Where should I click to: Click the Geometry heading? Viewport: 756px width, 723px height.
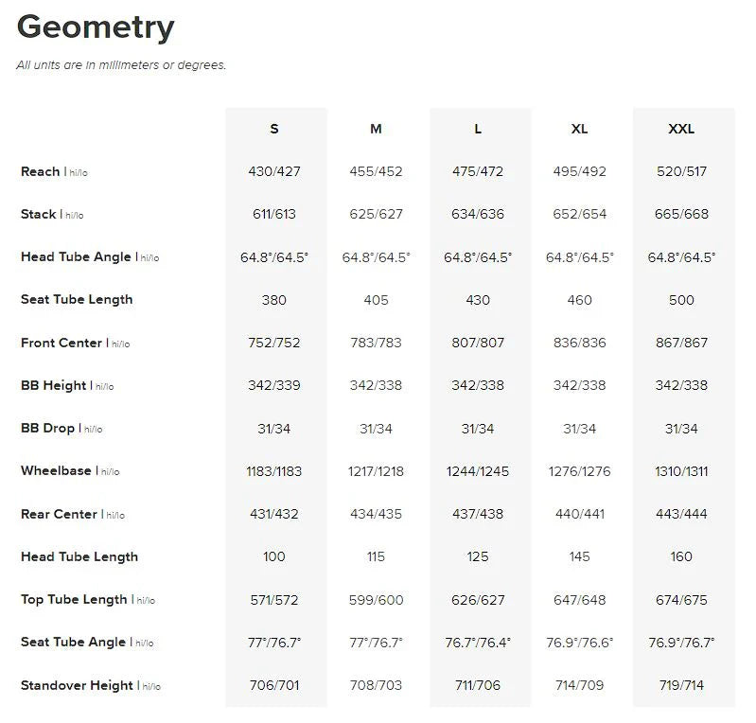point(96,27)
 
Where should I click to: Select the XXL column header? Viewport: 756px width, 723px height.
point(681,129)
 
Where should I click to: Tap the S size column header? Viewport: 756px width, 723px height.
point(274,129)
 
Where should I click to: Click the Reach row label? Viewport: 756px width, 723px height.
point(41,171)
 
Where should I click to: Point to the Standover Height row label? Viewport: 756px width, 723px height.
point(77,685)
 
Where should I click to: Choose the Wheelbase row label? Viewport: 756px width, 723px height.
point(56,470)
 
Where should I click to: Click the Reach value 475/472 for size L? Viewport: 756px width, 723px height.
point(478,171)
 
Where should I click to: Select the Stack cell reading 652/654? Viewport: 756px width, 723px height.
point(580,214)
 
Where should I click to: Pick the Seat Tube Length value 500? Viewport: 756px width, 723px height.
point(681,300)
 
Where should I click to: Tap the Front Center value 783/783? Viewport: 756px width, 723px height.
point(376,343)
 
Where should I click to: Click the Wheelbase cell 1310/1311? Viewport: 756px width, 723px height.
point(681,471)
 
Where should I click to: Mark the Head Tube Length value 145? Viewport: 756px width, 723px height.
point(580,556)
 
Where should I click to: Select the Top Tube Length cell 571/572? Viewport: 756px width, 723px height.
point(274,600)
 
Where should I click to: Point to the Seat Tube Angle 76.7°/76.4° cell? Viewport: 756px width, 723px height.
point(478,643)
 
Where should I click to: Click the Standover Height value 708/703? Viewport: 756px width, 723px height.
point(376,685)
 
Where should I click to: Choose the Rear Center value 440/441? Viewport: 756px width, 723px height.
point(580,514)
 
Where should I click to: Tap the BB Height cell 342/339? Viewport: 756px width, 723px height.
point(274,385)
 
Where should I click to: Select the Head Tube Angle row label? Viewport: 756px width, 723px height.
point(77,257)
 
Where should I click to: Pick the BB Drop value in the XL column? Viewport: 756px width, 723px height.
point(580,429)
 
